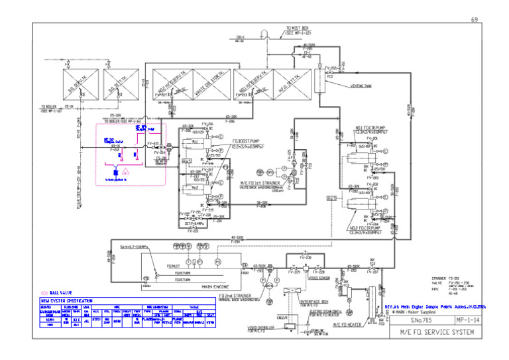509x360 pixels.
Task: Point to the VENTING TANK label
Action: pos(361,86)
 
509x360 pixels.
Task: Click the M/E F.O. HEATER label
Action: pos(347,324)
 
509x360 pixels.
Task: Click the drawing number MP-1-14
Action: pos(457,319)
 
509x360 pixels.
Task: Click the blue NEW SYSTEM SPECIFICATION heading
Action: pos(66,301)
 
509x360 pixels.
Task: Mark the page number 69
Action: pos(475,20)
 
